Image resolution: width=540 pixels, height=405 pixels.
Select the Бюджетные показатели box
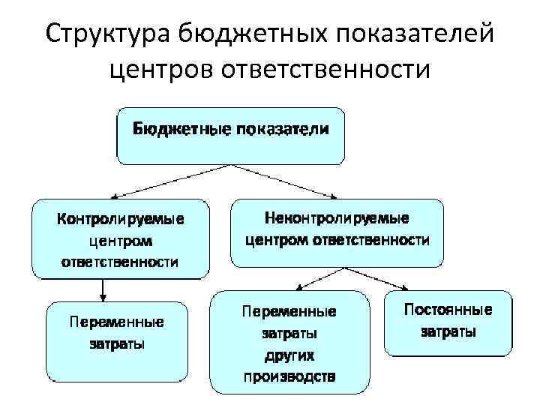(230, 136)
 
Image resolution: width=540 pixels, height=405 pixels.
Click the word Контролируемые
(121, 220)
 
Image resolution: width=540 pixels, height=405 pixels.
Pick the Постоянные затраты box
(448, 322)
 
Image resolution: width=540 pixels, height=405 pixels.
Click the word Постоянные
(448, 309)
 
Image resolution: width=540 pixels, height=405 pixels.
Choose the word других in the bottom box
(289, 353)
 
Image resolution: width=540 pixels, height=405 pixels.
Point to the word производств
(289, 375)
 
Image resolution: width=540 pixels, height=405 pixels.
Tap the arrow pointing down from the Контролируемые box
(103, 290)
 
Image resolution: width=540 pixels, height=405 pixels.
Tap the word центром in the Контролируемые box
(121, 241)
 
